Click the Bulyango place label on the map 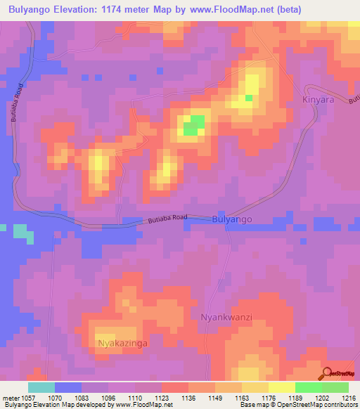coord(231,220)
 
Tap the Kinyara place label coord(317,100)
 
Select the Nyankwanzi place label coord(226,317)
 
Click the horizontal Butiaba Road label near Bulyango coord(167,220)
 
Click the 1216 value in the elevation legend coord(347,398)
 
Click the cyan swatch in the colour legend coord(41,387)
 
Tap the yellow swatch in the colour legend coord(282,387)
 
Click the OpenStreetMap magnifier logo coord(328,374)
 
